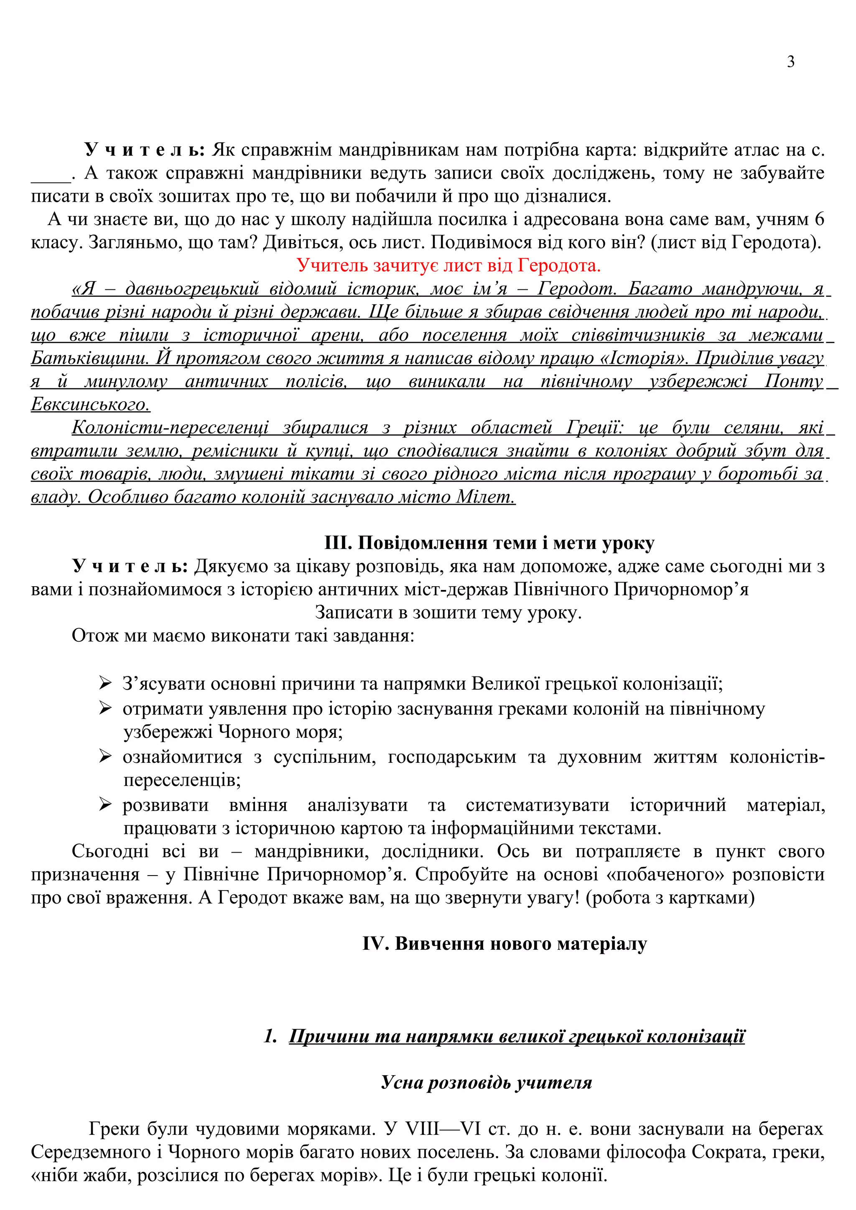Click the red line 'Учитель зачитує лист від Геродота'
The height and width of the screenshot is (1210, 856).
coord(448,266)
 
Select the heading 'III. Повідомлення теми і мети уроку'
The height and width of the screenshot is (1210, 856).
coord(489,543)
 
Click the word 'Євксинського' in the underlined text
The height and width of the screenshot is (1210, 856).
coord(91,405)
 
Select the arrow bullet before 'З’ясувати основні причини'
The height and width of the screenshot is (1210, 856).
coord(105,683)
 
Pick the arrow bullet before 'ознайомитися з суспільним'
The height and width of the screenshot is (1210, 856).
coord(105,757)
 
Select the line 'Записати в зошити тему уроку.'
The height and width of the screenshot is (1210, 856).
coord(448,613)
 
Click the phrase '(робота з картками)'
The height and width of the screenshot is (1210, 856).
coord(670,897)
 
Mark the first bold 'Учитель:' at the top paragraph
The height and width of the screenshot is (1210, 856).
coord(144,151)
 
